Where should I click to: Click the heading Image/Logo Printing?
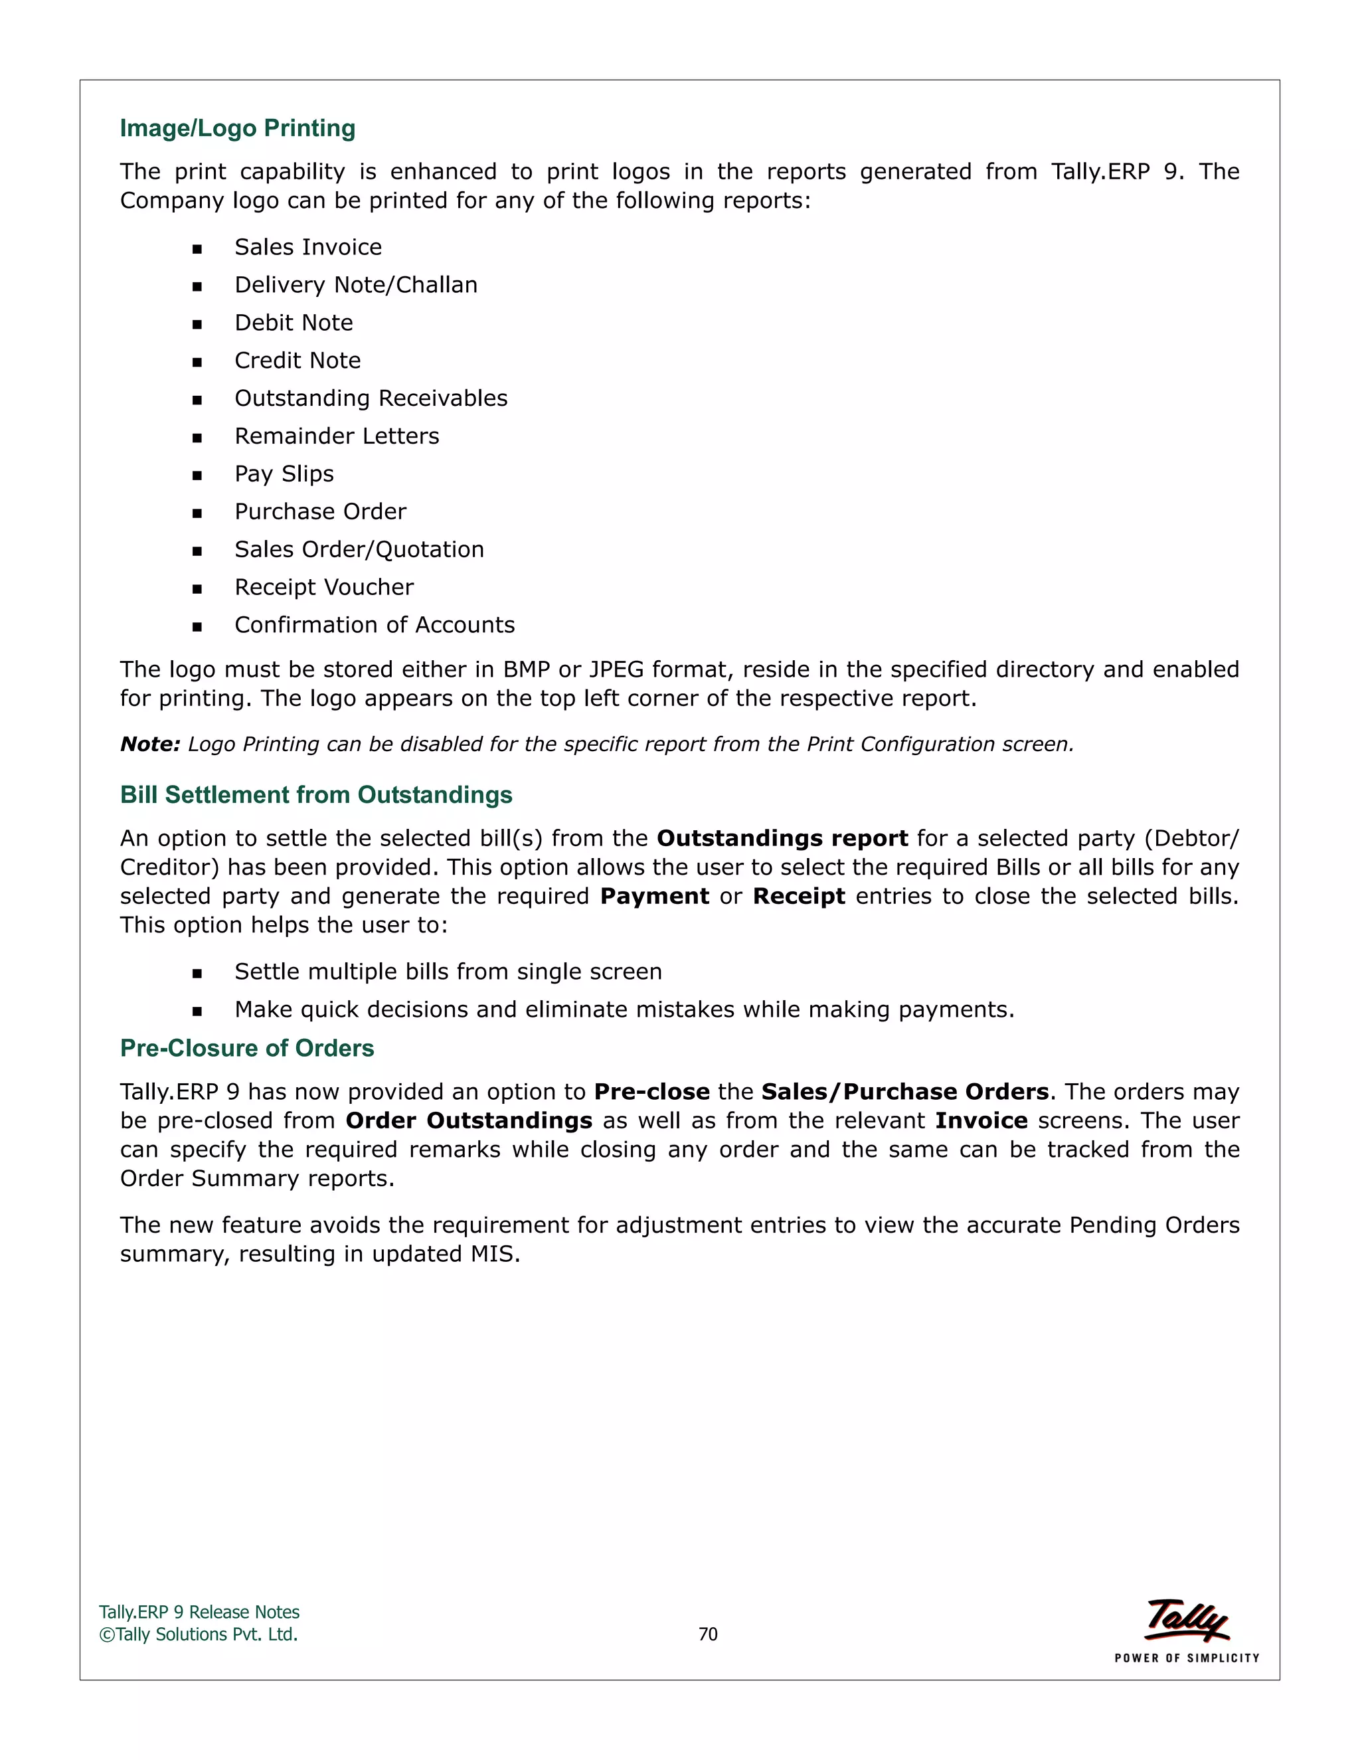238,128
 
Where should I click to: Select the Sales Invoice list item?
307,248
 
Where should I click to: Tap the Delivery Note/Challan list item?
355,286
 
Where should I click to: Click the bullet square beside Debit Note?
197,325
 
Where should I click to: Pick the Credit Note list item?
297,361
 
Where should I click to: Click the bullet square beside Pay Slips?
197,476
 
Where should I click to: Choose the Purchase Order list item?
320,511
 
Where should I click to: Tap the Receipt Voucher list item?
324,588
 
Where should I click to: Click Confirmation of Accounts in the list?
375,626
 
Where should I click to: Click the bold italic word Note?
150,745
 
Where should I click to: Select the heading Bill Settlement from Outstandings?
316,796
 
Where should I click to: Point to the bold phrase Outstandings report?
782,839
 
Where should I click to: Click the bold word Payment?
654,897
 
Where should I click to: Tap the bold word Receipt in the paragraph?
798,897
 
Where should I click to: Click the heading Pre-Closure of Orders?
246,1049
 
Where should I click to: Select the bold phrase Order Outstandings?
469,1121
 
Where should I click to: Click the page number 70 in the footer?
707,1634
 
